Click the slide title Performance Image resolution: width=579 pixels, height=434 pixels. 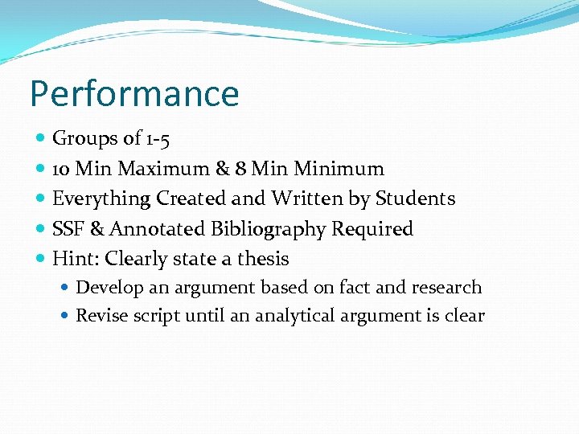134,93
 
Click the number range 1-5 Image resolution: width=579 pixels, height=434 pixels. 158,139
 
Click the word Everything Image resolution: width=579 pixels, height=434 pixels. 101,199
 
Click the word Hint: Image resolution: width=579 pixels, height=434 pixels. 76,259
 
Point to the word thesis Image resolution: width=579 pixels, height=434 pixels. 261,259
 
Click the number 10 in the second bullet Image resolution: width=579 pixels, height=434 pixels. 60,169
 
